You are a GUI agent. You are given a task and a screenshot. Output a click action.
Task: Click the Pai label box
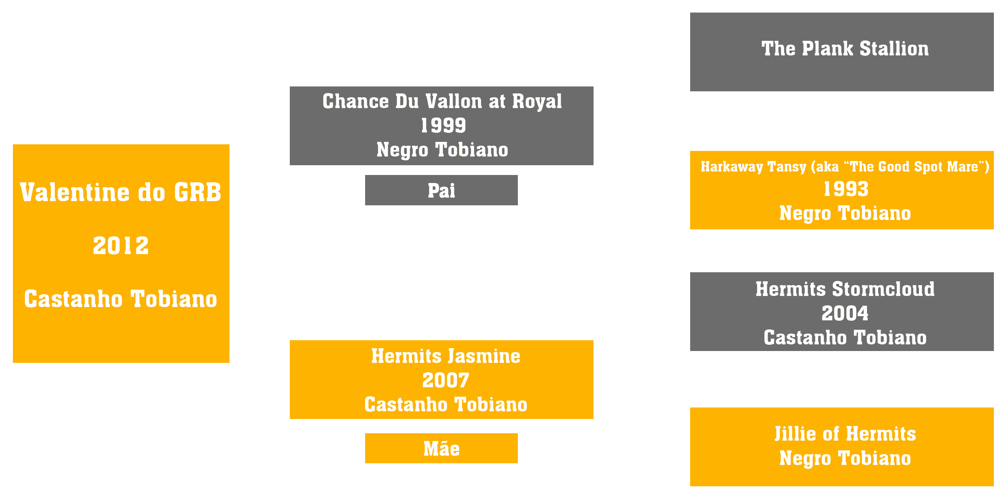point(441,190)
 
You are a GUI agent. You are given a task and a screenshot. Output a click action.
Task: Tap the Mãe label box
point(441,448)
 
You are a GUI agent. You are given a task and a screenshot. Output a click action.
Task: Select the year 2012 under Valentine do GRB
point(121,246)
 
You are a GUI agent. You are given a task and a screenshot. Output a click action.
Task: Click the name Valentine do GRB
point(121,192)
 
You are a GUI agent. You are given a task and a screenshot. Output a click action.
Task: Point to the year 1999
point(443,125)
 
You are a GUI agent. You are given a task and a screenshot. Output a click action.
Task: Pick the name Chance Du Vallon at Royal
point(442,101)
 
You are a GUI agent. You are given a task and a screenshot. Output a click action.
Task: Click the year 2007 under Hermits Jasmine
point(445,380)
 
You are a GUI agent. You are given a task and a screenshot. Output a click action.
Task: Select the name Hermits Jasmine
point(445,356)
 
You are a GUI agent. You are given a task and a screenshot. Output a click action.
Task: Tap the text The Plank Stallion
point(845,49)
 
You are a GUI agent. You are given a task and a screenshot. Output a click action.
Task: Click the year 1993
point(846,189)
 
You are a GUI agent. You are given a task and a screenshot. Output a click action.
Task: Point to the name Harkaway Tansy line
point(845,167)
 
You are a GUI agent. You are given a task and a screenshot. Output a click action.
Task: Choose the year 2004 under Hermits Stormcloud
point(845,313)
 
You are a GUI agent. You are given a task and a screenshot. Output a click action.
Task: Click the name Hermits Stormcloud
point(845,289)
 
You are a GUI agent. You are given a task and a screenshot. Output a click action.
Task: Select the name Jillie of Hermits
point(845,434)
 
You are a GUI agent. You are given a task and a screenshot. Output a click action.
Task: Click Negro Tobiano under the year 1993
point(845,214)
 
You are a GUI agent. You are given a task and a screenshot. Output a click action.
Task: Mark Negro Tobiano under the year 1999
point(443,150)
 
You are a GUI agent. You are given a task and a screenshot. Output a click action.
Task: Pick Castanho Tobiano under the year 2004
point(845,337)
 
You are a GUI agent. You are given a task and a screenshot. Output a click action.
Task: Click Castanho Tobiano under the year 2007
point(445,404)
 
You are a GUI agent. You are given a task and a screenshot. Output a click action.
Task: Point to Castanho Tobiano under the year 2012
point(121,299)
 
